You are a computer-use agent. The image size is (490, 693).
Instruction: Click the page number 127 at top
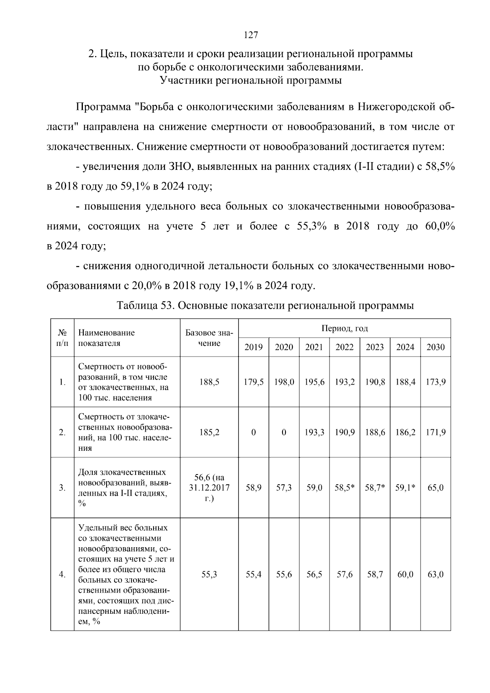click(250, 35)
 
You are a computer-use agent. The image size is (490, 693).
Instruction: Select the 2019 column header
click(253, 348)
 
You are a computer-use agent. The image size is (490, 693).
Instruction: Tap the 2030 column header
click(435, 348)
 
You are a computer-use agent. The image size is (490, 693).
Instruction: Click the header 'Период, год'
click(344, 329)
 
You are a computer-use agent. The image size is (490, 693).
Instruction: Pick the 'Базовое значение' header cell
click(209, 338)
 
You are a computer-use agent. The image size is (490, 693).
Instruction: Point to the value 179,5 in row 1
click(253, 382)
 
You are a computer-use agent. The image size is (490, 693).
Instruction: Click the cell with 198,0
click(284, 382)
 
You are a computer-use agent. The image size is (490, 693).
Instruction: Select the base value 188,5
click(209, 382)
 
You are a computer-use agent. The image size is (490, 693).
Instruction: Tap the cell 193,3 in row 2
click(314, 432)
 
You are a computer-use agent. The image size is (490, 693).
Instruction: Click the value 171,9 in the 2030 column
click(435, 432)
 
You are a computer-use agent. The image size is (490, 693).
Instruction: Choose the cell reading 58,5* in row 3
click(344, 488)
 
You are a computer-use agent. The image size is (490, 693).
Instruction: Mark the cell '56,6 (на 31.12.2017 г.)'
click(209, 488)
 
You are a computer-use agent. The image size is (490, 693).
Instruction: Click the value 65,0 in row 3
click(435, 488)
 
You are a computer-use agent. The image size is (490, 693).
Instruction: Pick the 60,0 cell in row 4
click(405, 575)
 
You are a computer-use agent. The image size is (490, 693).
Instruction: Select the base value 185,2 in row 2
click(209, 432)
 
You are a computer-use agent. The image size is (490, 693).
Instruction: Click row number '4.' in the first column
click(62, 575)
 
